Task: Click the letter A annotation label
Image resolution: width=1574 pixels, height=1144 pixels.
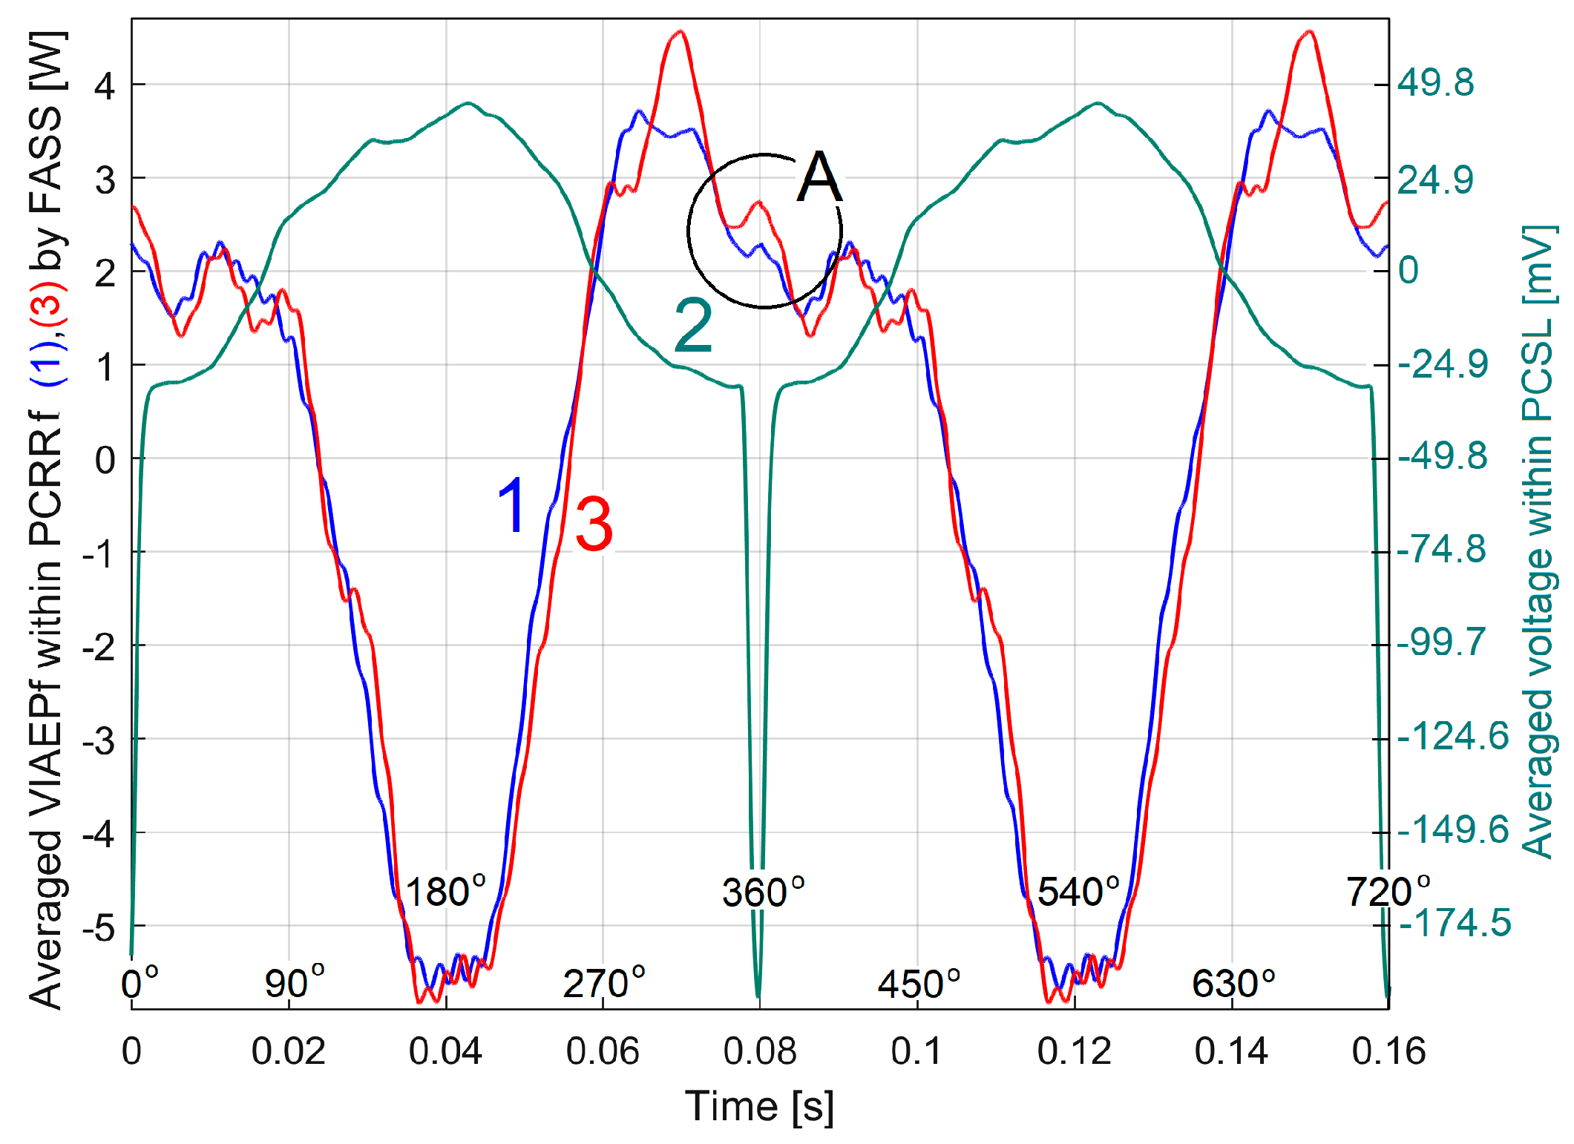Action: tap(819, 177)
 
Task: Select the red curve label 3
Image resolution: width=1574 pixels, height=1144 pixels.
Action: tap(594, 525)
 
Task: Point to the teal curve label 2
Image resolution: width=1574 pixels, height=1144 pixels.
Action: tap(693, 326)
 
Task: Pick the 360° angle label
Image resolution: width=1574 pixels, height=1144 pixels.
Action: tap(763, 892)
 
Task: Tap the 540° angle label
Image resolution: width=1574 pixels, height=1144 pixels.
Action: tap(1078, 891)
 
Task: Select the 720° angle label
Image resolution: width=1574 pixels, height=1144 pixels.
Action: tap(1388, 891)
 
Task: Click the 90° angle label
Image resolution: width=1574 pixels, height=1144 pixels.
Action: tap(295, 984)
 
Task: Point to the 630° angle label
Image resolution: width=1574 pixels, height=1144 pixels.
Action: tap(1233, 984)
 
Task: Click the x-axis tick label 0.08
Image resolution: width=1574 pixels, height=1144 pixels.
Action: tap(760, 1051)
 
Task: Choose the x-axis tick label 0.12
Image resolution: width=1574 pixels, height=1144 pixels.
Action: tap(1074, 1051)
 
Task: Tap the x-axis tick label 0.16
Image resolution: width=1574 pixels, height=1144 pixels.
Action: tap(1388, 1051)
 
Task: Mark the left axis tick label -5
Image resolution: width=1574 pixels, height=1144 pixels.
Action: tap(99, 927)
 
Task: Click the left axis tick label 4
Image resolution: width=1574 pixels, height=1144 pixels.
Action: tap(105, 86)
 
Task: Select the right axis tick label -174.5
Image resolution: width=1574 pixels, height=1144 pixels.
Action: tap(1454, 923)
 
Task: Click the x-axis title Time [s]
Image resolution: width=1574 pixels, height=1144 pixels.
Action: tap(759, 1106)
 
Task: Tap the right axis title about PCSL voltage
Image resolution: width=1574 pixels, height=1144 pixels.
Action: tap(1538, 542)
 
